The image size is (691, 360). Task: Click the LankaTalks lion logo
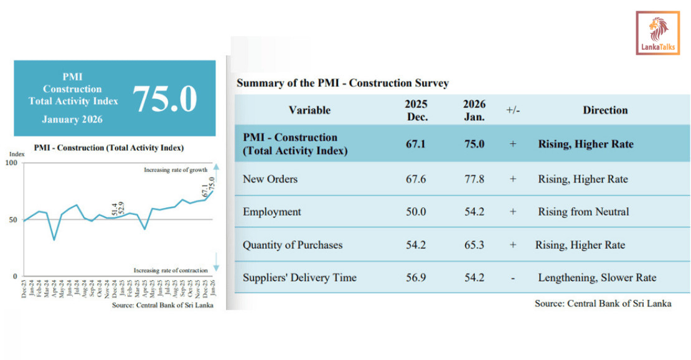pyautogui.click(x=657, y=32)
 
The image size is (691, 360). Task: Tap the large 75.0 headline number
pyautogui.click(x=164, y=98)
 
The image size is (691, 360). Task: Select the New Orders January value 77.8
pyautogui.click(x=474, y=179)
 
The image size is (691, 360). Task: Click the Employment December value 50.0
pyautogui.click(x=415, y=212)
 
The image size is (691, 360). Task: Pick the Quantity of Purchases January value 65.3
pyautogui.click(x=474, y=245)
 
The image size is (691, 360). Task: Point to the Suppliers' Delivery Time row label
pyautogui.click(x=299, y=278)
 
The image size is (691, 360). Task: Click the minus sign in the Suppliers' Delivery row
pyautogui.click(x=513, y=278)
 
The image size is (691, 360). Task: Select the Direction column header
pyautogui.click(x=605, y=110)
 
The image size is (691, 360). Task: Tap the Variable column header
pyautogui.click(x=309, y=110)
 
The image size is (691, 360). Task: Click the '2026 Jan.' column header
pyautogui.click(x=474, y=110)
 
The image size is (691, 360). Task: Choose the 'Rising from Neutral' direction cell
pyautogui.click(x=583, y=212)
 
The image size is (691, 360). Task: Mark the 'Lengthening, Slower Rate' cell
pyautogui.click(x=597, y=278)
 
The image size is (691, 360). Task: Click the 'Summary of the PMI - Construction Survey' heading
pyautogui.click(x=342, y=83)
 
